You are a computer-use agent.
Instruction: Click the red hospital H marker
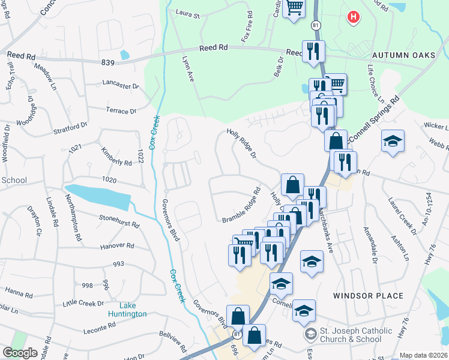coord(354,17)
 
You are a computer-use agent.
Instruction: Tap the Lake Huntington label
coord(127,310)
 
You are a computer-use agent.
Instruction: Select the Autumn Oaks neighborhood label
coord(403,55)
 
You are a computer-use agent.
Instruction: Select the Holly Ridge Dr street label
coord(241,145)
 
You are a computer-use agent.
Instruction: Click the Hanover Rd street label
coord(118,245)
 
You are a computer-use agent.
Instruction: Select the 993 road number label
coord(118,263)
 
